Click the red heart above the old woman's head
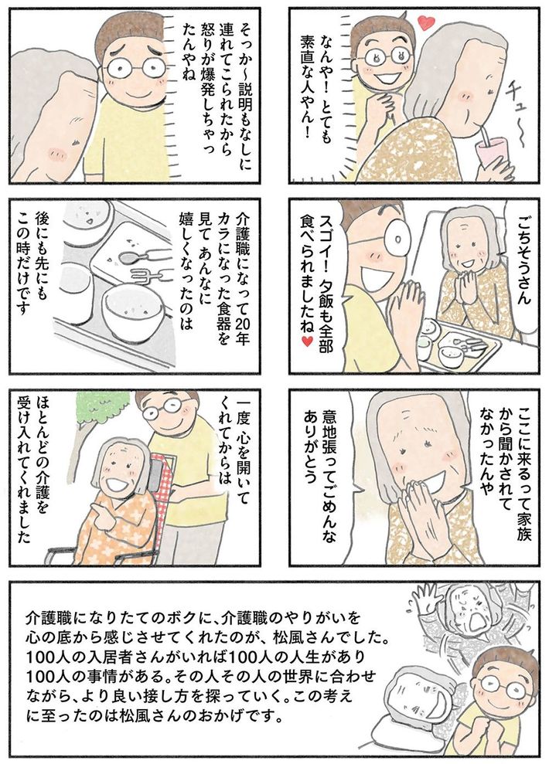click(x=427, y=22)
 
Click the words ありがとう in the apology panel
click(x=311, y=447)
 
